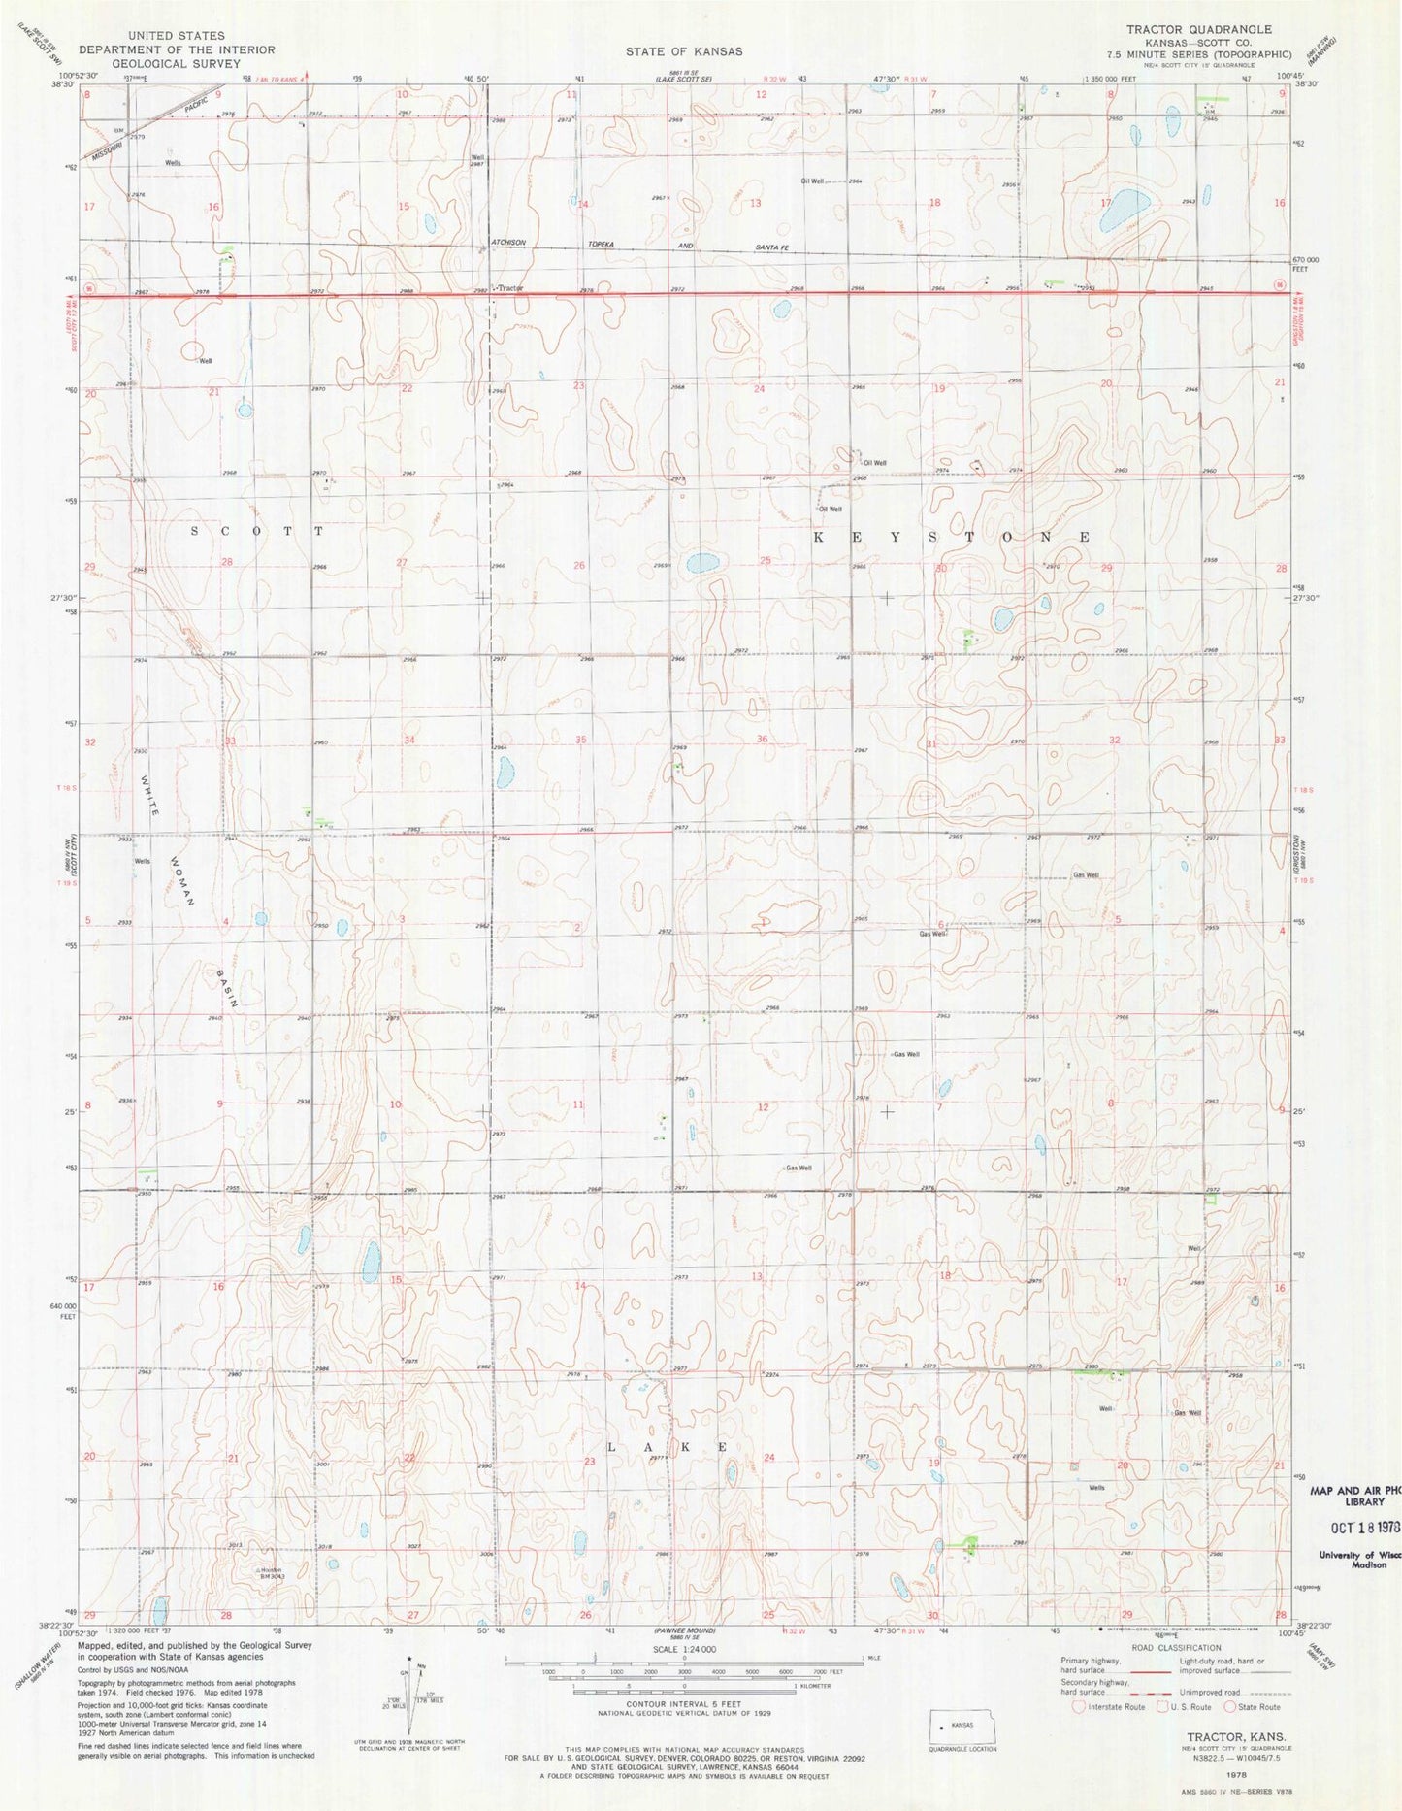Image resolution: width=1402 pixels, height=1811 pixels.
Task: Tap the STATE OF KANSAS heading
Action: pos(684,51)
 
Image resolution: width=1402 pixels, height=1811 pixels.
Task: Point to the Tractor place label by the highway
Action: pos(510,288)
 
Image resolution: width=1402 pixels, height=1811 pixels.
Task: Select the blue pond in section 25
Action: pos(701,563)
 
